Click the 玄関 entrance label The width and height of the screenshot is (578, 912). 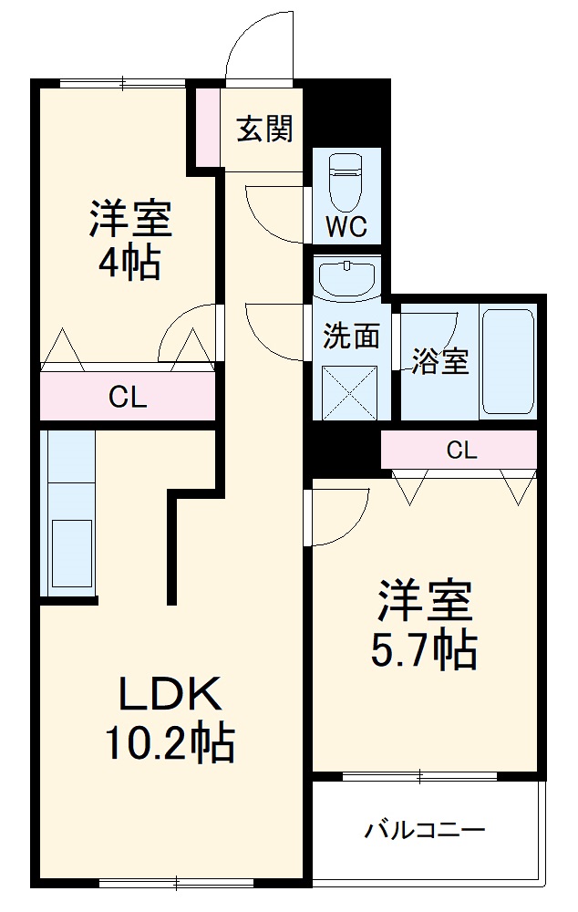coord(265,130)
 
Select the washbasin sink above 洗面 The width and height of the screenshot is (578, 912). coord(346,277)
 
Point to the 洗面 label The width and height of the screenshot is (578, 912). coord(351,337)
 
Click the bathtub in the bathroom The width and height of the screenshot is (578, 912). coord(507,362)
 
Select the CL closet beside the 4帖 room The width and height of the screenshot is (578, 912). coord(128,397)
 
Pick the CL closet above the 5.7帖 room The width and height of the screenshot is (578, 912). coord(461,450)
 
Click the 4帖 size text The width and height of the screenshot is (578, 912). coord(129,264)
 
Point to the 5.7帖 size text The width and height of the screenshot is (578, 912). coord(424,648)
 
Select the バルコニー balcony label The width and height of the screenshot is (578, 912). coord(425,830)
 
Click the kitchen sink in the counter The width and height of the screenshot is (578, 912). coord(71,554)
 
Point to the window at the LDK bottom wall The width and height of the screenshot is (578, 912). coord(177,883)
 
